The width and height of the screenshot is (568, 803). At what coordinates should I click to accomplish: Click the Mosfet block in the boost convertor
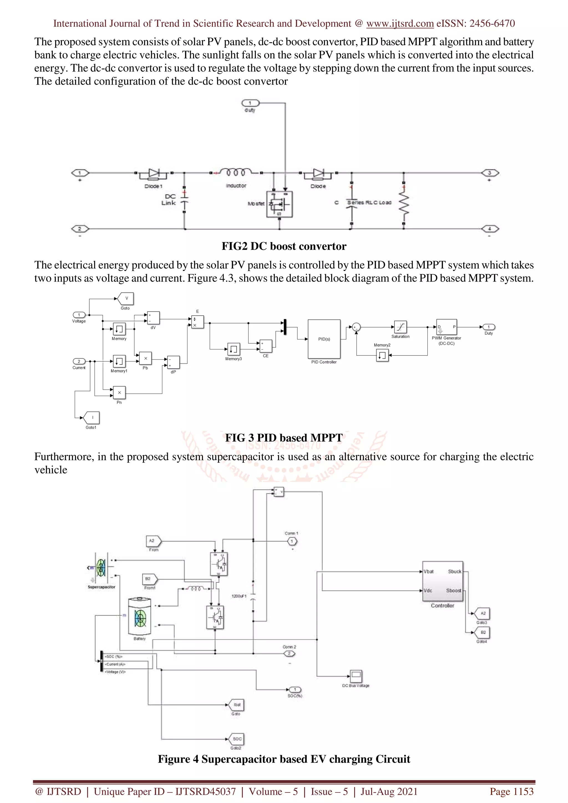(279, 204)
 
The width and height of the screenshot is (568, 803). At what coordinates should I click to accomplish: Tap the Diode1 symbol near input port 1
(154, 173)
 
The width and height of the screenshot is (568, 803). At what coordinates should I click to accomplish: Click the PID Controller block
(324, 339)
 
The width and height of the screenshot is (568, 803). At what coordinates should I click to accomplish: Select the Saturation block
(400, 327)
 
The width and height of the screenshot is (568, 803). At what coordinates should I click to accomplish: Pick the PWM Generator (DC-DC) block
(446, 327)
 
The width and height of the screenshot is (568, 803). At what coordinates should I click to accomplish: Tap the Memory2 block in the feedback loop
(382, 355)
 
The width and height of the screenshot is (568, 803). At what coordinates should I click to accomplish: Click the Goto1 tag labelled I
(92, 418)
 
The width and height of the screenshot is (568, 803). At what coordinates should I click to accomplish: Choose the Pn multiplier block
(119, 393)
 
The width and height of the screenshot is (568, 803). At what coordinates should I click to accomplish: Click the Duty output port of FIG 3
(489, 327)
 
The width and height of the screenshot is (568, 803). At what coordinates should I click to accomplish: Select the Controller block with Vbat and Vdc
(442, 581)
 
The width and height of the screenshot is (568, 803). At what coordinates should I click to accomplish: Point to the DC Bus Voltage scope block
(356, 676)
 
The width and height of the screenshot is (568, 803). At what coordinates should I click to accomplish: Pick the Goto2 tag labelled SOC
(237, 739)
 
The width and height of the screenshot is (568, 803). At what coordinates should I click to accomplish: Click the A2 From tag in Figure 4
(153, 541)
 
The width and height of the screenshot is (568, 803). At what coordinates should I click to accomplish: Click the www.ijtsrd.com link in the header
(400, 24)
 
